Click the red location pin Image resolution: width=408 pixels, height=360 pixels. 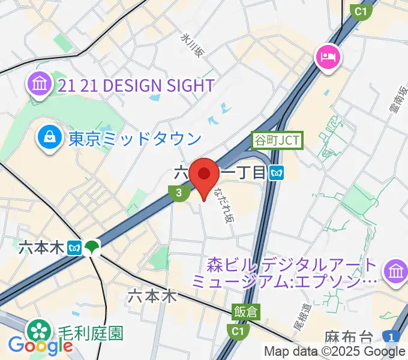204,175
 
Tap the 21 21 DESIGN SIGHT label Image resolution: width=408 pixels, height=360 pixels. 136,85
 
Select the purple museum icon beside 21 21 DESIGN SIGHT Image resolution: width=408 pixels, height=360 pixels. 39,85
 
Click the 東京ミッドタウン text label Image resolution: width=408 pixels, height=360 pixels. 134,139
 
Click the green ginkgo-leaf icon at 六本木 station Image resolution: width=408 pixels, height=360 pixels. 92,247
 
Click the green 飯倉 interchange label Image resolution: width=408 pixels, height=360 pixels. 246,311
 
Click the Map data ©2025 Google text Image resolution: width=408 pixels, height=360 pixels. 334,352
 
